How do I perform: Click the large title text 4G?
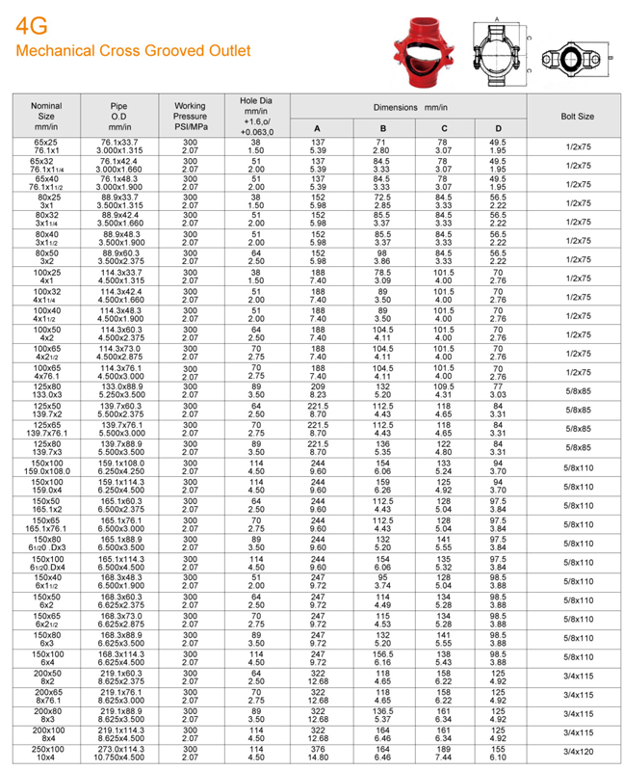coord(29,27)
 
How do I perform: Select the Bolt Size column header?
coord(577,116)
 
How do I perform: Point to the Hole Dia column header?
coord(256,116)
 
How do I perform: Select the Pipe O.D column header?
coord(120,116)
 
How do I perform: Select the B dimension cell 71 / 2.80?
coord(382,146)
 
